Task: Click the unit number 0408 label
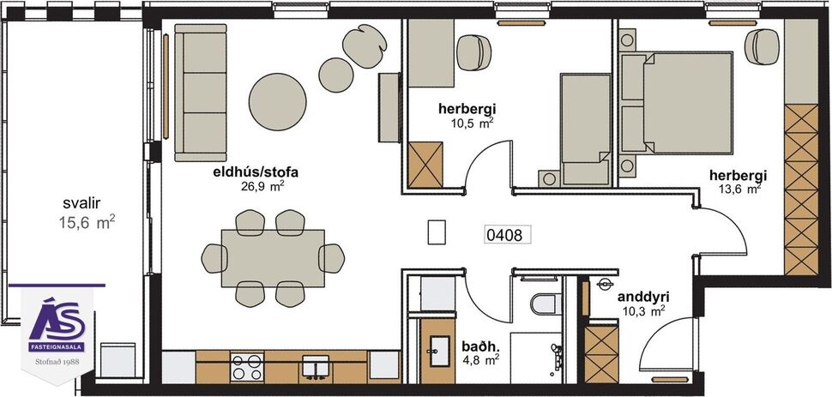coord(503,232)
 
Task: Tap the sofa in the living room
coord(199,92)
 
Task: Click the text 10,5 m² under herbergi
coord(472,123)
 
